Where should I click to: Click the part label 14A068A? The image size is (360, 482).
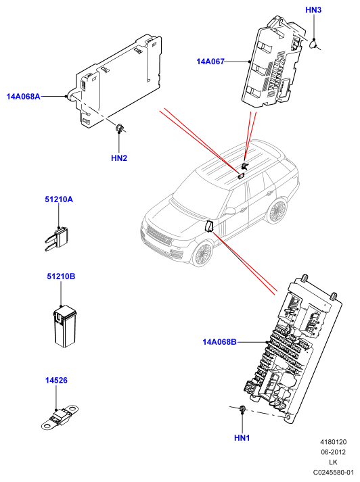coord(24,97)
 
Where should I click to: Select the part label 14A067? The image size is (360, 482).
coord(210,62)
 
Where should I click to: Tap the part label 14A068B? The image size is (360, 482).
coord(219,342)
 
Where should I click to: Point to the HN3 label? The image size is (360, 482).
coord(313,10)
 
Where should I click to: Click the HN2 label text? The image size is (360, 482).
coord(119,158)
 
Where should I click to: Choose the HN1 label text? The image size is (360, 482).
coord(242,438)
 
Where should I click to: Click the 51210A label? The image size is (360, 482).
coord(59,199)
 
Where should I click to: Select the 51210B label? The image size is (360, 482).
coord(61,276)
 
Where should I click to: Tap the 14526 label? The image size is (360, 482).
coord(56,380)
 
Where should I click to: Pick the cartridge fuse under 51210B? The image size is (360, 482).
coord(65,327)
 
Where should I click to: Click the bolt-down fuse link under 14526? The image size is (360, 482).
coord(60,417)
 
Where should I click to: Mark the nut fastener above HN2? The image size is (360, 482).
coord(119,127)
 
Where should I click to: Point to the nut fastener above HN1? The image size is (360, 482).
coord(242,409)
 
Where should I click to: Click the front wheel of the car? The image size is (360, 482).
coord(203,254)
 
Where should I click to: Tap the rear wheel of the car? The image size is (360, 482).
coord(275,211)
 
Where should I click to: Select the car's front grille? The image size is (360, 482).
coord(159,235)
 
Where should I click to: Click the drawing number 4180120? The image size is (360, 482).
coord(334,442)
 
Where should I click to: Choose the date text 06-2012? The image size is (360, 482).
coord(334,452)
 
